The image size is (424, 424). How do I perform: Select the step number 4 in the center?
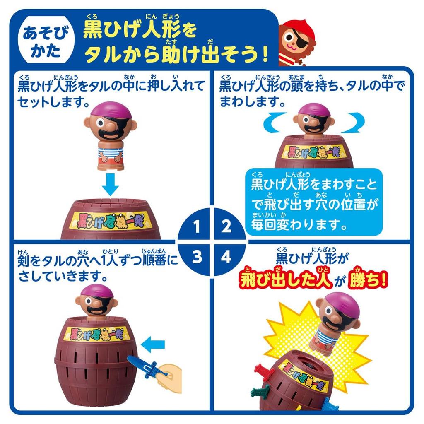pos(226,257)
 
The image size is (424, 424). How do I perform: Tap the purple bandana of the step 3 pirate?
pos(96,291)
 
